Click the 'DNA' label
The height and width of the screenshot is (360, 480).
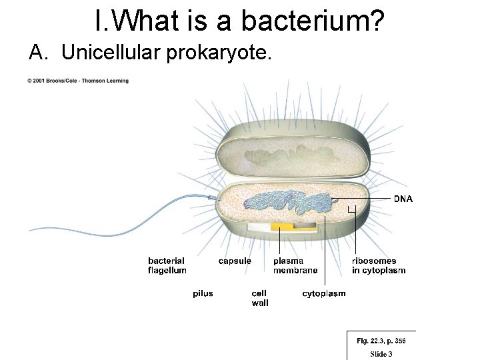pyautogui.click(x=403, y=199)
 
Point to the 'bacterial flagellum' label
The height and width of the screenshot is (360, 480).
pyautogui.click(x=167, y=265)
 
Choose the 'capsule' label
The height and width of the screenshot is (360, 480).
pyautogui.click(x=235, y=261)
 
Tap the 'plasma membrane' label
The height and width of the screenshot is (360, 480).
pyautogui.click(x=295, y=265)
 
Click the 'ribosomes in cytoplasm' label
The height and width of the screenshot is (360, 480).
pyautogui.click(x=379, y=265)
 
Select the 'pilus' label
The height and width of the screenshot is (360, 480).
pyautogui.click(x=203, y=293)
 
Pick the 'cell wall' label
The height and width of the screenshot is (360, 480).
pyautogui.click(x=260, y=298)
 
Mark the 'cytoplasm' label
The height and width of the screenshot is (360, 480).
pyautogui.click(x=324, y=293)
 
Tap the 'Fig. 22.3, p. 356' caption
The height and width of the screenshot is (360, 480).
pyautogui.click(x=381, y=341)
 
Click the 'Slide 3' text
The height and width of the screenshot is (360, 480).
pyautogui.click(x=381, y=354)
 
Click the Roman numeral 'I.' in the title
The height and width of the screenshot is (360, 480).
pyautogui.click(x=101, y=21)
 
